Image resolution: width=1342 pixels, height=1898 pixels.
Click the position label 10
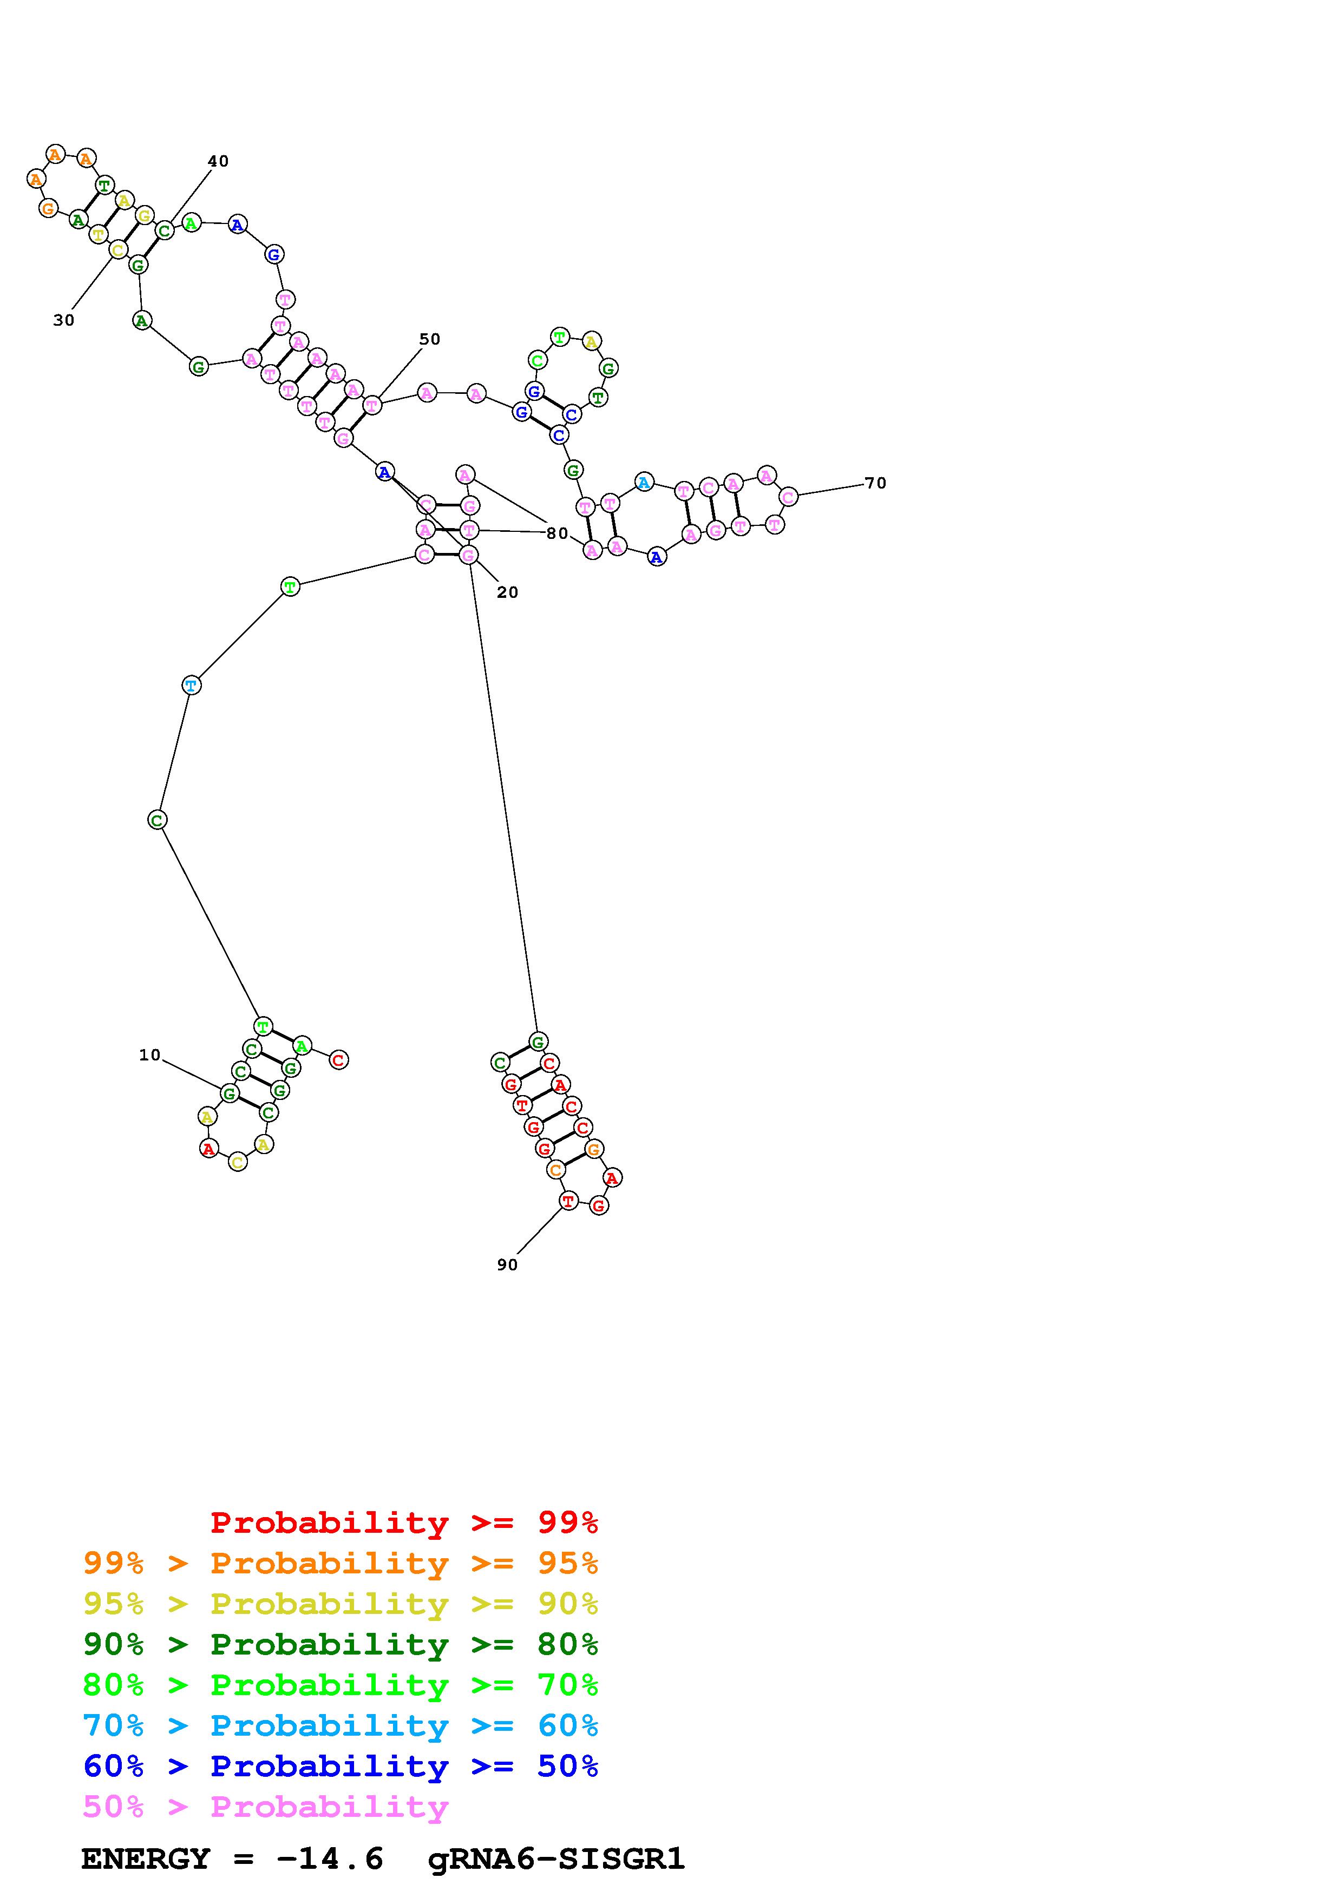pos(149,1055)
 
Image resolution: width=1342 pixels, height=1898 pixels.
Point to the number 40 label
pos(218,161)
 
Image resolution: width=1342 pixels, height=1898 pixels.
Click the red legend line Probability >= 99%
pos(404,1523)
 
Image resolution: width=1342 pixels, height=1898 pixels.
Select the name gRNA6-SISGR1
pos(557,1859)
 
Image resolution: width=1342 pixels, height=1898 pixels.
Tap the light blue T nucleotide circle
pos(191,686)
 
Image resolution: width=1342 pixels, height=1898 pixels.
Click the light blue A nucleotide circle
pos(644,482)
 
